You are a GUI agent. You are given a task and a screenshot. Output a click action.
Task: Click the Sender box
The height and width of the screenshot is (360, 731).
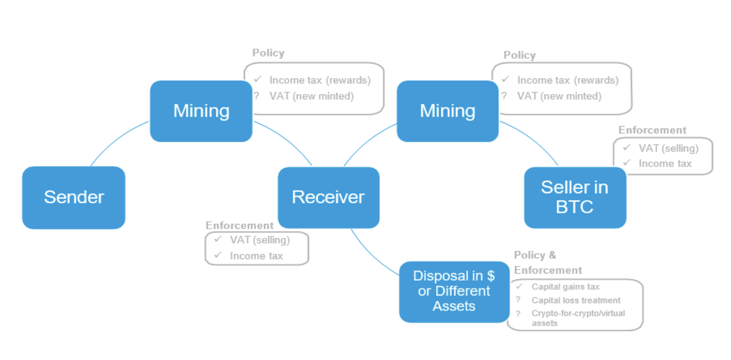tap(73, 197)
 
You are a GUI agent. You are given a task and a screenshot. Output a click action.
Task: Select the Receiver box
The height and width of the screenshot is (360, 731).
tap(328, 197)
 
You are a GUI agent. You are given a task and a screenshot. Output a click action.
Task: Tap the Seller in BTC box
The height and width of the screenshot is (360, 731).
tap(574, 197)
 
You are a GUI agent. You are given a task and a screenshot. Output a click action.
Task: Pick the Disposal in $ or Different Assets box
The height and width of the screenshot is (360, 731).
tap(454, 291)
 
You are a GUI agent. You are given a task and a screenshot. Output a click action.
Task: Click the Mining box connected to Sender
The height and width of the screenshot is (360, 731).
tap(201, 111)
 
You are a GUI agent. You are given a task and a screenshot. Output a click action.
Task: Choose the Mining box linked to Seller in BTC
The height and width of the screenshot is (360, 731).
tap(448, 111)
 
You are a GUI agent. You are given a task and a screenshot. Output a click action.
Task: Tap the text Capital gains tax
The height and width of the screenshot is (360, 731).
tap(565, 287)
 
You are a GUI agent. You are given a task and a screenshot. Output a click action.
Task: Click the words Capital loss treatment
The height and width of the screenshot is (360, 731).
tap(576, 300)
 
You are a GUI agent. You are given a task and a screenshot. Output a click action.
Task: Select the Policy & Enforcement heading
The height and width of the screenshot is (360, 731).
tap(548, 263)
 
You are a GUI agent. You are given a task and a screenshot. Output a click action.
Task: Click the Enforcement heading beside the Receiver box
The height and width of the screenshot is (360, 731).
tap(240, 225)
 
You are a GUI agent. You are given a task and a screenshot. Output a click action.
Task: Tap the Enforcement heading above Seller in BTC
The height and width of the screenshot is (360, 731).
tap(652, 130)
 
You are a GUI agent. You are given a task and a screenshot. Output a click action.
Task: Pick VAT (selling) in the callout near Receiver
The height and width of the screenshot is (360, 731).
tap(260, 240)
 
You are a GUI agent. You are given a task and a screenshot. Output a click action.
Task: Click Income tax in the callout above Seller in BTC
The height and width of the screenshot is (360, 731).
tap(665, 163)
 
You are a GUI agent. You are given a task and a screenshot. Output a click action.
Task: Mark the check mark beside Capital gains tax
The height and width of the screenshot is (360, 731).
tap(520, 286)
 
